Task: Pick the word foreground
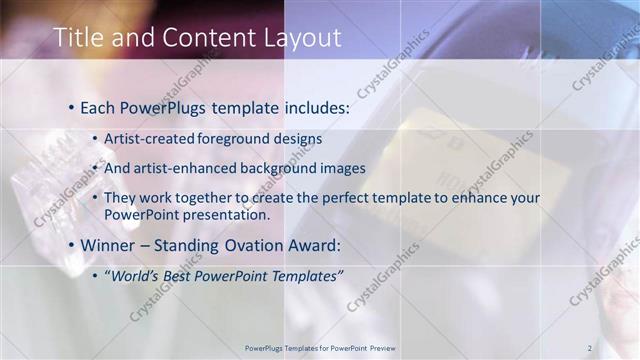[236, 138]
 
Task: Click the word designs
[299, 138]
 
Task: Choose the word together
[204, 198]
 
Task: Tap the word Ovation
[252, 245]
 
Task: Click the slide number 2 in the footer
[590, 348]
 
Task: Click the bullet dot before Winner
[71, 245]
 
